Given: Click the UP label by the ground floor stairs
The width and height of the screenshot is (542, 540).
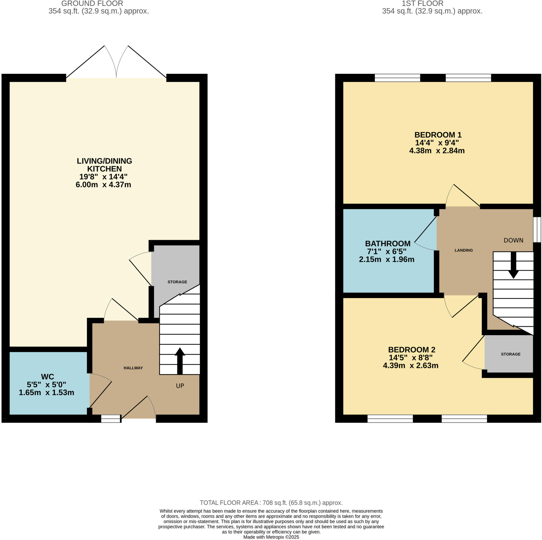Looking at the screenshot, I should [x=180, y=386].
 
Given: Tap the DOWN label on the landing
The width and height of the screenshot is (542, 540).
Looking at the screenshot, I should [x=513, y=240].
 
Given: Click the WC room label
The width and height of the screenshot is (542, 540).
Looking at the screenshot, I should [x=47, y=377].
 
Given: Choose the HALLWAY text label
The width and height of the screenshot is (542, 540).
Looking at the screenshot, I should [x=133, y=368].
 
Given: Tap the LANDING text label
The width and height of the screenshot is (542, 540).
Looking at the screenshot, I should [x=464, y=250].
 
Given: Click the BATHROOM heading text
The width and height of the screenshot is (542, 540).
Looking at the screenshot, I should [x=388, y=244].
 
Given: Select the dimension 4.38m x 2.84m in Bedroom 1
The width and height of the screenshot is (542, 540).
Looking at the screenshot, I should [x=437, y=151].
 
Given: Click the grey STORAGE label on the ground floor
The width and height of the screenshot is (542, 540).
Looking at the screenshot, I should [x=177, y=282].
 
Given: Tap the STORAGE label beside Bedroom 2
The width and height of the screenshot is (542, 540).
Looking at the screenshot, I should [x=511, y=354].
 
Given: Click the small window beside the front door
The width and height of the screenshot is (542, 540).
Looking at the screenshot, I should [x=111, y=419].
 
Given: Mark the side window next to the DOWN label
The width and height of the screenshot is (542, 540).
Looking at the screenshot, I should [x=537, y=229].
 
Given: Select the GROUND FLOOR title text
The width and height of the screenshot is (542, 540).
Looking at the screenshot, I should [x=92, y=4].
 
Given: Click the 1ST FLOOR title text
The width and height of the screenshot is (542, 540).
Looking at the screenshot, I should [x=422, y=4].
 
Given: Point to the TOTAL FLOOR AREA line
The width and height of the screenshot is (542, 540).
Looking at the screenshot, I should [x=271, y=503].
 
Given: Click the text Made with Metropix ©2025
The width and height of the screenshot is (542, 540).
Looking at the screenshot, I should [x=271, y=537].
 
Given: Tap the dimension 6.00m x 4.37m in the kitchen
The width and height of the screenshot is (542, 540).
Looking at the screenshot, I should [x=103, y=185].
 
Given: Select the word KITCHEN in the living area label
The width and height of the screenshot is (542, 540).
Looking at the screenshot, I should [x=104, y=169].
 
